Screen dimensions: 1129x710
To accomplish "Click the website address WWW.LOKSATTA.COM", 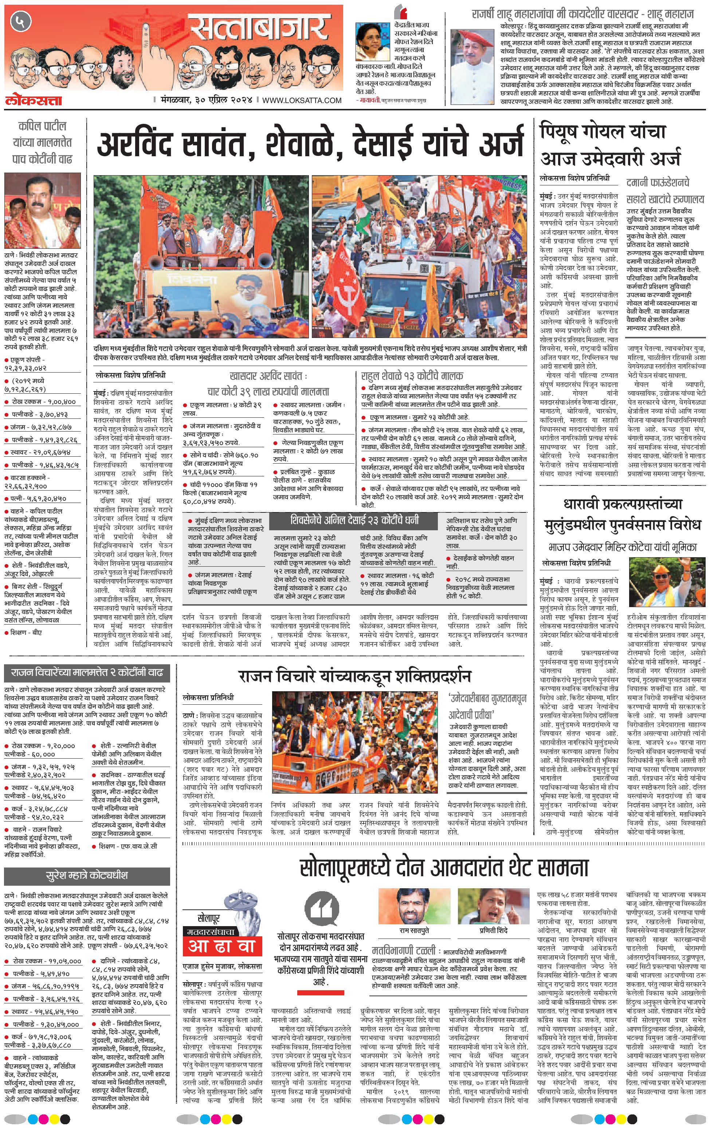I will coord(302,100).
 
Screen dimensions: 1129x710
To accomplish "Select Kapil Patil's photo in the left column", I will coord(42,211).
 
